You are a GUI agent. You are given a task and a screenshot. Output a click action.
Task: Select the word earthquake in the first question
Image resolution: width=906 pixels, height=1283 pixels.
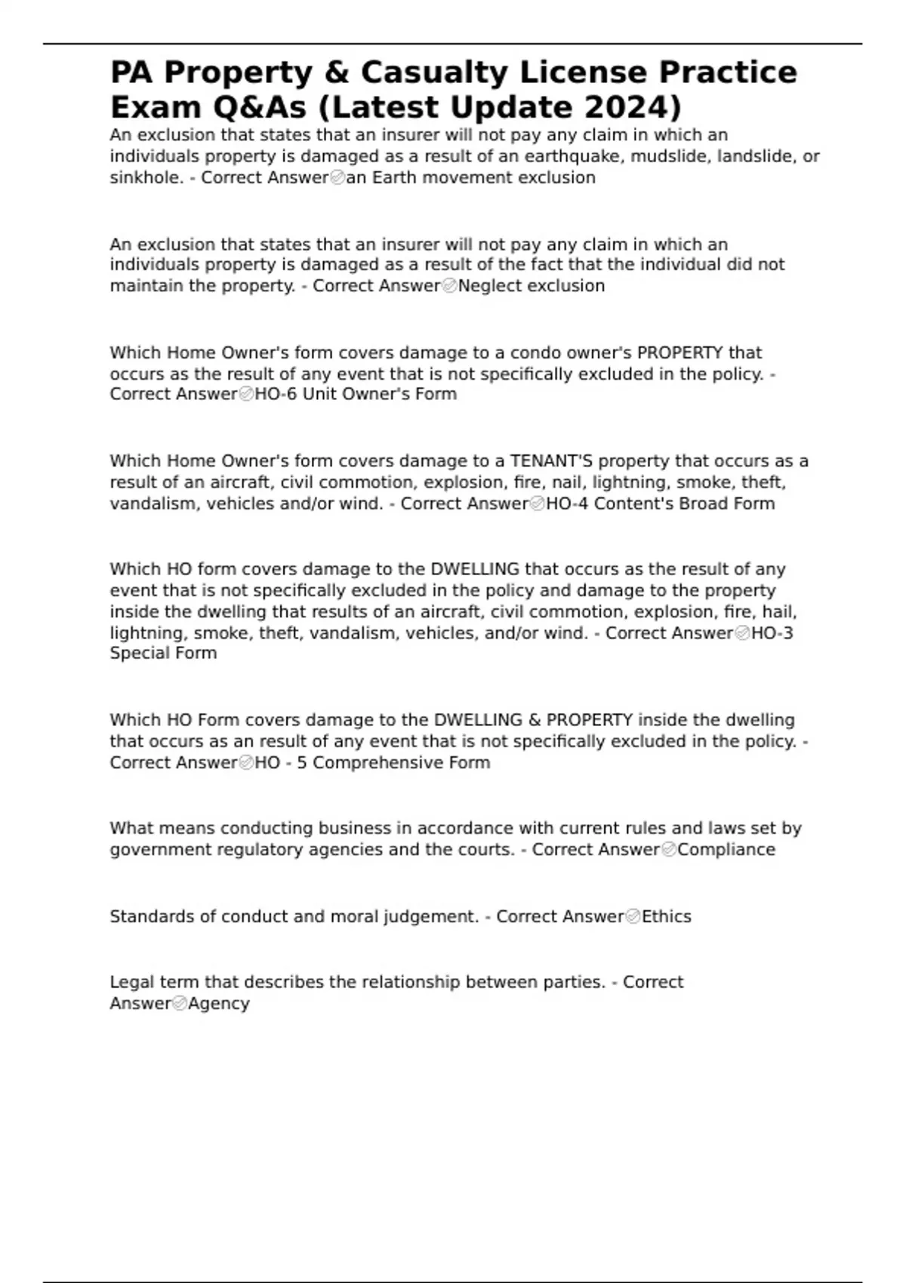(x=571, y=156)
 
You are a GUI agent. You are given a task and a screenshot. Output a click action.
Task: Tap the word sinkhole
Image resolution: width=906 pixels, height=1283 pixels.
(x=144, y=177)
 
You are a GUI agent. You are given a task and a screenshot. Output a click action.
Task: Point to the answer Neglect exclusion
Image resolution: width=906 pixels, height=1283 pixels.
(x=531, y=286)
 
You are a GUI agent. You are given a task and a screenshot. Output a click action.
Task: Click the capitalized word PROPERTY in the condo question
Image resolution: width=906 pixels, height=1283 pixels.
(x=679, y=352)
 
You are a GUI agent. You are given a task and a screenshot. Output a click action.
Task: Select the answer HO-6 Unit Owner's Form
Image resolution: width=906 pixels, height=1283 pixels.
(x=356, y=394)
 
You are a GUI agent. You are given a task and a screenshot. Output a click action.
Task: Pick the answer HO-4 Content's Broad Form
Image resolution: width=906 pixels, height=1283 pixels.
(x=660, y=503)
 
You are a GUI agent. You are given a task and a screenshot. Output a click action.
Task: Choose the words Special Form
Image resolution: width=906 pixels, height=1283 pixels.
(x=163, y=654)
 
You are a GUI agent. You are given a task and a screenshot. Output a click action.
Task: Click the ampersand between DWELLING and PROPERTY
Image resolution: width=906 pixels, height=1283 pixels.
(x=535, y=720)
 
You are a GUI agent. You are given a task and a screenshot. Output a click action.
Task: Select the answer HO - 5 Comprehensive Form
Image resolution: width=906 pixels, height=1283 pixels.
(x=372, y=763)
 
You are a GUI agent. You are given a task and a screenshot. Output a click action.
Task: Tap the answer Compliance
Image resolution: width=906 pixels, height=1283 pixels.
(x=726, y=850)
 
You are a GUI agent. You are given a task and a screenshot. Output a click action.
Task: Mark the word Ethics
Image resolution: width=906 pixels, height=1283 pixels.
(x=667, y=916)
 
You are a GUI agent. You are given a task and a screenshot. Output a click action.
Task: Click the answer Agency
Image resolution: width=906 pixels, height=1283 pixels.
(x=218, y=1004)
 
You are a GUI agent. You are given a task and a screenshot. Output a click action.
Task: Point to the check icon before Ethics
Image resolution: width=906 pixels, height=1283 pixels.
(x=633, y=917)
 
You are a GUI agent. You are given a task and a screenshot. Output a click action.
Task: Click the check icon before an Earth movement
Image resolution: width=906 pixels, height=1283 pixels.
(x=337, y=178)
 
